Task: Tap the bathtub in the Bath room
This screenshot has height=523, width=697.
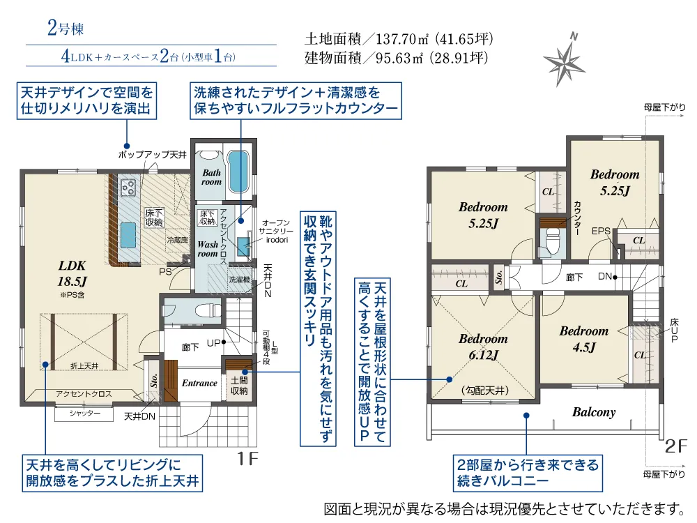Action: point(238,172)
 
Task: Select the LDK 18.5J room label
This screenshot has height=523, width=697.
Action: point(72,273)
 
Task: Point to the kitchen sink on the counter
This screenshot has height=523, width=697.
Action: point(128,235)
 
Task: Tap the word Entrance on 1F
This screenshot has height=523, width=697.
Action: point(199,384)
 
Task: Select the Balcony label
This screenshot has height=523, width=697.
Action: point(594,412)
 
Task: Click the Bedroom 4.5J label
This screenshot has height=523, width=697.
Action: point(584,339)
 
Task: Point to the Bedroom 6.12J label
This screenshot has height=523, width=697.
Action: point(483,347)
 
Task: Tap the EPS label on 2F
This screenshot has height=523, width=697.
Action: point(601,232)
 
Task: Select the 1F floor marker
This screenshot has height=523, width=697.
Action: point(247,459)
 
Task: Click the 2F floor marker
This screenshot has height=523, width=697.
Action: point(676,446)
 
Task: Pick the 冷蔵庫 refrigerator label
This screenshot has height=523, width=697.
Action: point(177,240)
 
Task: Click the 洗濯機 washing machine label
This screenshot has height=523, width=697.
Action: point(239,280)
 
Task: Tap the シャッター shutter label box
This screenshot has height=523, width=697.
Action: point(84,414)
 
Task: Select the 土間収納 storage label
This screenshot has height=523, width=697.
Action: point(239,386)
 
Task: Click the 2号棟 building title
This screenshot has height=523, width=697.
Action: point(66,29)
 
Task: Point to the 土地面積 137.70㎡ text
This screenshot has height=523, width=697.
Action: point(399,39)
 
